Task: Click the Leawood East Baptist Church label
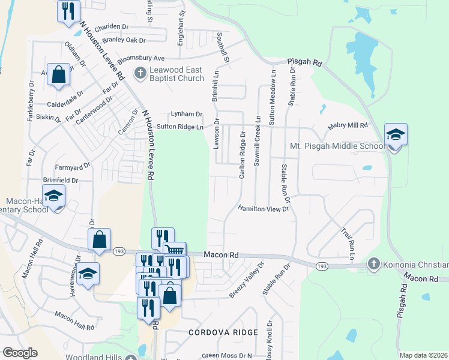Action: pyautogui.click(x=169, y=74)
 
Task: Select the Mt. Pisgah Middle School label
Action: pyautogui.click(x=337, y=146)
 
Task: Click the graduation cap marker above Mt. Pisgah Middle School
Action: pyautogui.click(x=396, y=135)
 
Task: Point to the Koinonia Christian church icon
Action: pyautogui.click(x=373, y=264)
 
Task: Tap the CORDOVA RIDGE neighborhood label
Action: pyautogui.click(x=223, y=332)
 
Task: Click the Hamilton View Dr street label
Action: pyautogui.click(x=264, y=208)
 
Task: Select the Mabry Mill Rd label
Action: pyautogui.click(x=347, y=126)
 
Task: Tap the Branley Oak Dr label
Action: pyautogui.click(x=124, y=40)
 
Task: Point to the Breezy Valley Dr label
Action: pyautogui.click(x=246, y=280)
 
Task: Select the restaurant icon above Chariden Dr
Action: pyautogui.click(x=68, y=11)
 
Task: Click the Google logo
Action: pyautogui.click(x=20, y=353)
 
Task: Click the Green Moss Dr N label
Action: pyautogui.click(x=227, y=355)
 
